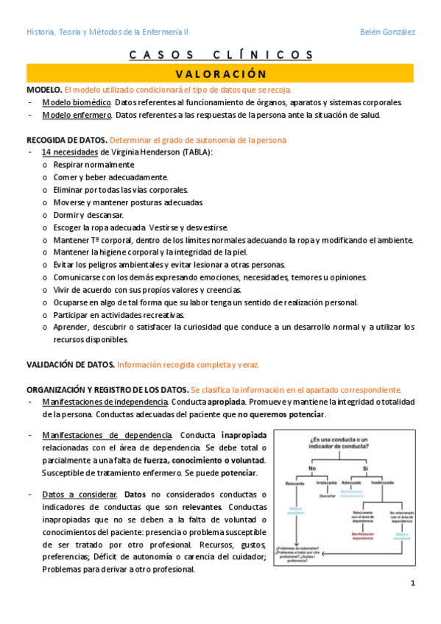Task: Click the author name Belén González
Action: click(387, 32)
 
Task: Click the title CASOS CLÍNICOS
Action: click(221, 55)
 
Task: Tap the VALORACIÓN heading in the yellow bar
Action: click(221, 74)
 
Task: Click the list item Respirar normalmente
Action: click(94, 165)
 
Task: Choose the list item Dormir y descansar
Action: click(88, 215)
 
